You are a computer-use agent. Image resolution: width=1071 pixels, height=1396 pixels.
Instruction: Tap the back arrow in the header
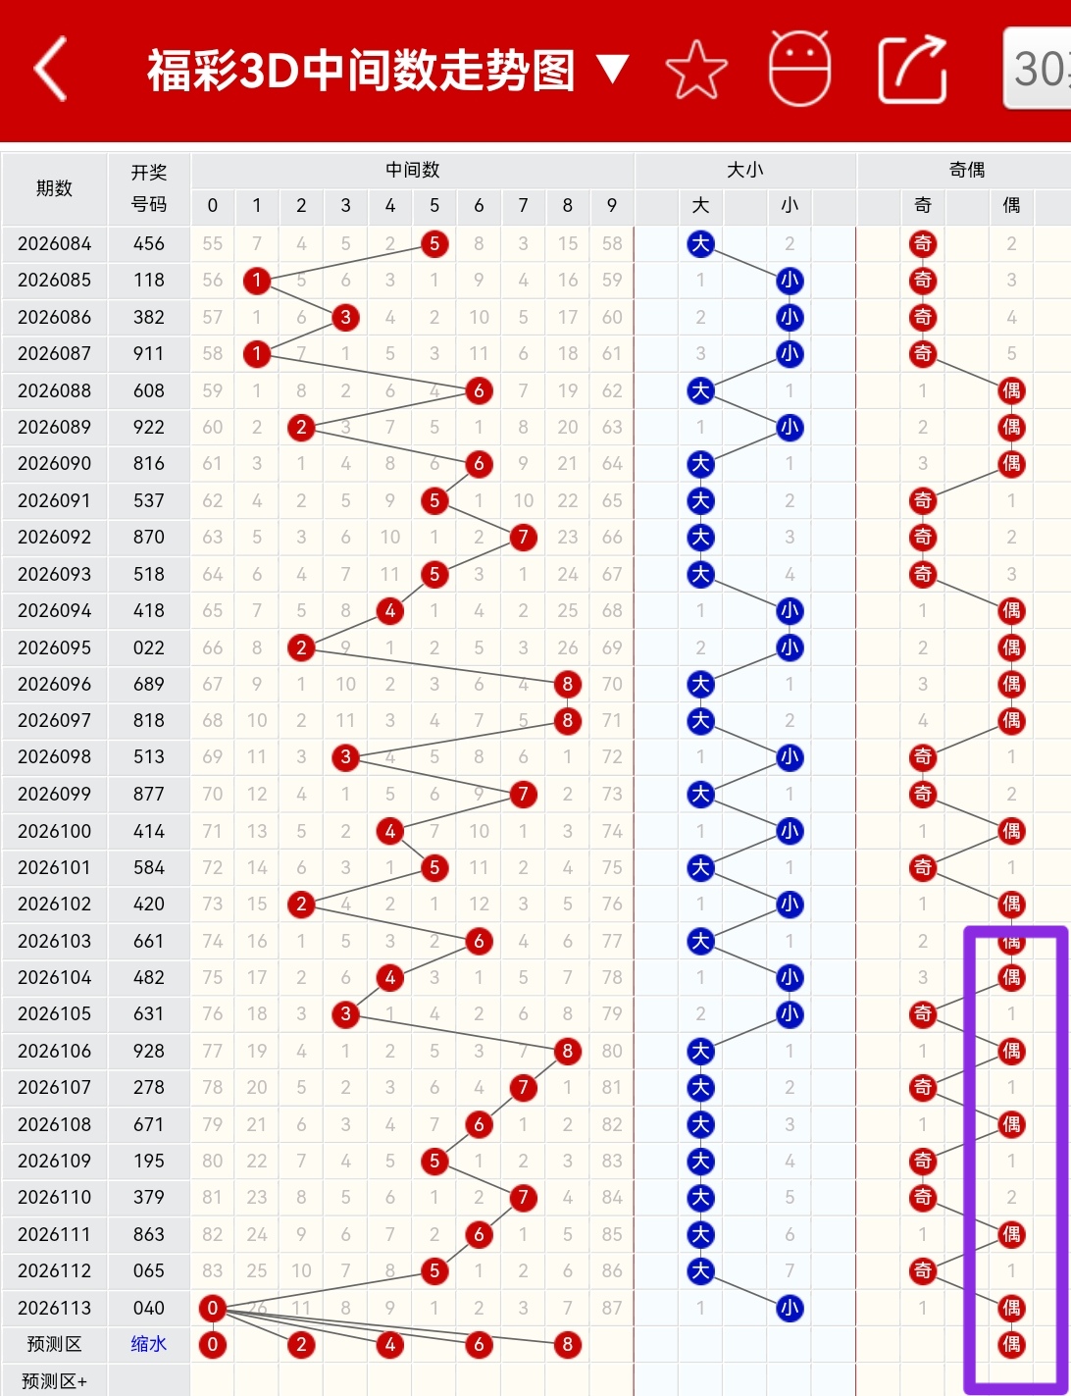[x=50, y=68]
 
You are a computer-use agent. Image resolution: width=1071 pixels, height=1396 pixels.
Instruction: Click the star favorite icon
[x=696, y=70]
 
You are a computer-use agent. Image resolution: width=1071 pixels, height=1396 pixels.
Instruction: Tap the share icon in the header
[x=912, y=70]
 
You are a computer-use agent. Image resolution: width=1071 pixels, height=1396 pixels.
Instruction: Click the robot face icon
[x=800, y=68]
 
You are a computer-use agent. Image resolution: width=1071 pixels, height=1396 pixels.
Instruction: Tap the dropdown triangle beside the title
[x=613, y=69]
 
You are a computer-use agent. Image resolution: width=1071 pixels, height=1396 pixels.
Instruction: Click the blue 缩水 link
[x=148, y=1344]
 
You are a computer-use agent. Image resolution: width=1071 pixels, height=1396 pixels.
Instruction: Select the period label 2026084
[x=55, y=243]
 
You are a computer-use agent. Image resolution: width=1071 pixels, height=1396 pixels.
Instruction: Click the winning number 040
[x=148, y=1308]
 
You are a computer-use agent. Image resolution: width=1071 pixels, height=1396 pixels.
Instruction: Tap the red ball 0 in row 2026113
[x=213, y=1308]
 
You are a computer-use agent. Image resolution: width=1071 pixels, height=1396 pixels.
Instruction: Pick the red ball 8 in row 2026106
[x=568, y=1051]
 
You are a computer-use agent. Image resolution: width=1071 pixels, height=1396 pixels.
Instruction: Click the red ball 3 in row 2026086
[x=345, y=317]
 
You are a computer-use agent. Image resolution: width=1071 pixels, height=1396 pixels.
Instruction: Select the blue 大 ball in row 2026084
[x=700, y=243]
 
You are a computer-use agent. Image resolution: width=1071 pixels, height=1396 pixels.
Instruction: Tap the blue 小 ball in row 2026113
[x=790, y=1308]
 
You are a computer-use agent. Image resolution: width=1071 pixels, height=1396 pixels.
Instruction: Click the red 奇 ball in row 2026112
[x=923, y=1270]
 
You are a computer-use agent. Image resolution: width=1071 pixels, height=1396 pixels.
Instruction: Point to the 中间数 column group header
[x=412, y=170]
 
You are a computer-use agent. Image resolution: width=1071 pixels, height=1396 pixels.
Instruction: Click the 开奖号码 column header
[x=148, y=188]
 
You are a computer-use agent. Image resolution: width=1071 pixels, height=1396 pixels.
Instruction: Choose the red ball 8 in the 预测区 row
[x=568, y=1344]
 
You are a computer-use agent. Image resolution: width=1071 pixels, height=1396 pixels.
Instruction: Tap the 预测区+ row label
[x=55, y=1380]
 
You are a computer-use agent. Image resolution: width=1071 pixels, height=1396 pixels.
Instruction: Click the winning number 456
[x=148, y=243]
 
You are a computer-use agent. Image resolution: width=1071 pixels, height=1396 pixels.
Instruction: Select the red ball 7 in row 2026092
[x=524, y=537]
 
